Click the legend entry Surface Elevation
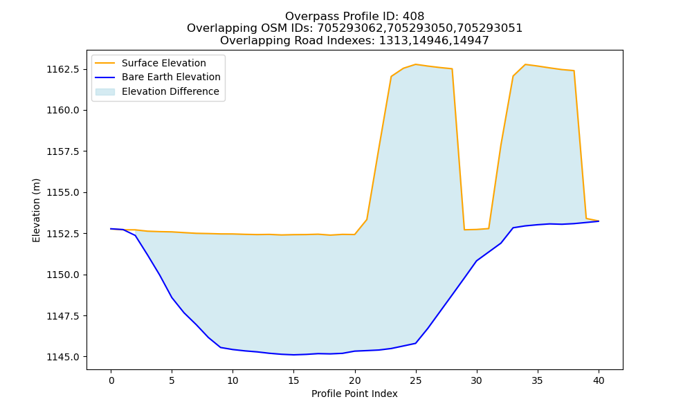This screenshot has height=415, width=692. point(164,63)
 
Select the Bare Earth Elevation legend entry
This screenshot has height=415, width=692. point(171,77)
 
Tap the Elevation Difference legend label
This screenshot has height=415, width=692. point(170,91)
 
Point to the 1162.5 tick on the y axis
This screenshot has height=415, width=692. point(63,69)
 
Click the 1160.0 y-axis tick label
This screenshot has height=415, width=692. point(63,110)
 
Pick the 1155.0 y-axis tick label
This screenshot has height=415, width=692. point(63,192)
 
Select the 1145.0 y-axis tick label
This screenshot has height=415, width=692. point(63,357)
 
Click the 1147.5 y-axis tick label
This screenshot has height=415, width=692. point(63,316)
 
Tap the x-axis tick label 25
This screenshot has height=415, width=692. point(415,380)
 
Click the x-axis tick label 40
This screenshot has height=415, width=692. point(599,380)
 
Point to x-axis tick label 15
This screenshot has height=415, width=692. point(293,380)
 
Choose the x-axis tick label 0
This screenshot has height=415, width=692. point(111,380)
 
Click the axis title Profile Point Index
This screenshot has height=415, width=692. point(354,394)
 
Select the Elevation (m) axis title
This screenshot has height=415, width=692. point(36,210)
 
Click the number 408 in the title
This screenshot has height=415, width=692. point(413,17)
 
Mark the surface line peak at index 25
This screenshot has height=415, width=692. point(415,64)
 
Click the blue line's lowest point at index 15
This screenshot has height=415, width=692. point(293,355)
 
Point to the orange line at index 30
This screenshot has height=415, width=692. point(477,230)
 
